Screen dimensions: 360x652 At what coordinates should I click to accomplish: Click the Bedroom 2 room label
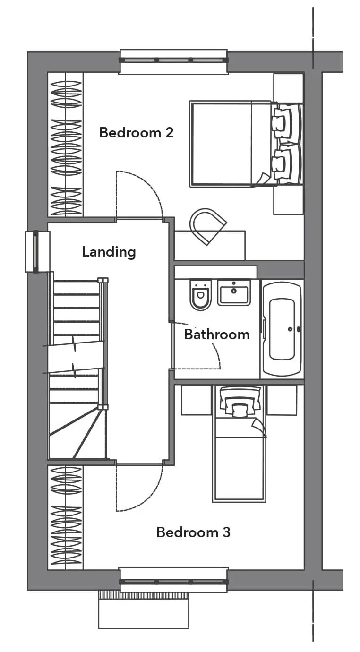pos(136,132)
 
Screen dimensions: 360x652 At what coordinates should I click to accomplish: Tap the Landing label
pos(109,252)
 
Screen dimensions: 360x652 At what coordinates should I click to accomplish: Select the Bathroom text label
pos(217,335)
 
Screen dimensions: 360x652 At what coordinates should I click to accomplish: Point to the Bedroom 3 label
pos(193,532)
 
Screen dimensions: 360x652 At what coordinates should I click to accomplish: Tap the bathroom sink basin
pos(234,292)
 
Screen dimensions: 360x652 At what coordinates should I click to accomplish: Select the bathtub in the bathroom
pos(282,329)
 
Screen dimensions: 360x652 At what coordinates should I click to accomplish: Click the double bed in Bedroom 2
pos(246,144)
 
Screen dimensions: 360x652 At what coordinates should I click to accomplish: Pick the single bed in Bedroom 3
pos(239,444)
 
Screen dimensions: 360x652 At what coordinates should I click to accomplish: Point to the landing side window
pos(36,252)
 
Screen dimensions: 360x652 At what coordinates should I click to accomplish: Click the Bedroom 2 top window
pos(173,60)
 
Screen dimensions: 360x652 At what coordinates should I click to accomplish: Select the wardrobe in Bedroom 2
pos(66,145)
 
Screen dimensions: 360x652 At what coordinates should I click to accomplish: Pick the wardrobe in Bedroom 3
pos(66,517)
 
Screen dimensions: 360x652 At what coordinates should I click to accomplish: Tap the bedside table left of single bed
pos(196,400)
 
